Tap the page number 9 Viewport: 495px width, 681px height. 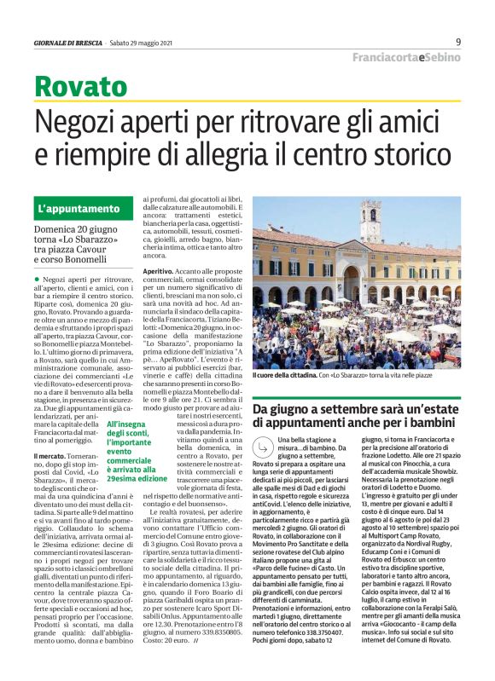tap(458, 42)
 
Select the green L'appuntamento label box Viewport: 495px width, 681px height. tap(79, 208)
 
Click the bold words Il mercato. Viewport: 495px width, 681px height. tap(53, 458)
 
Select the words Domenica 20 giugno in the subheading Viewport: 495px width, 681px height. tap(73, 230)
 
